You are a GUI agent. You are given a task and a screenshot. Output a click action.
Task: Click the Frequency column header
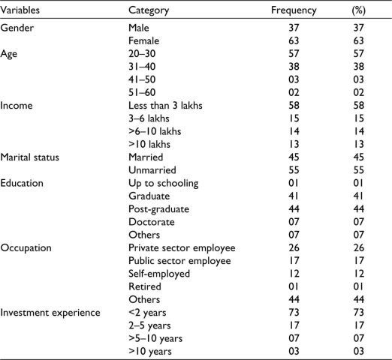tap(294, 10)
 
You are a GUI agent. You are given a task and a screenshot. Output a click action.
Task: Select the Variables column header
tap(20, 10)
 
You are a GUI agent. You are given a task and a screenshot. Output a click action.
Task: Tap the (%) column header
tap(358, 10)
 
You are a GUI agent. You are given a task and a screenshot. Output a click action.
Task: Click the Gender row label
tap(17, 28)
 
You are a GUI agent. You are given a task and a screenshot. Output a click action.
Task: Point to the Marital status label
tap(30, 157)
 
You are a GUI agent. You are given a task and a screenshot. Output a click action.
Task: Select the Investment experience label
tap(50, 313)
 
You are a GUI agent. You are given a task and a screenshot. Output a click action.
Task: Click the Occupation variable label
tap(26, 248)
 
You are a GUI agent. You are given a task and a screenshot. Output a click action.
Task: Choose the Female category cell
tap(143, 40)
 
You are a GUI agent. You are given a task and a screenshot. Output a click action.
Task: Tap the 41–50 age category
tap(142, 79)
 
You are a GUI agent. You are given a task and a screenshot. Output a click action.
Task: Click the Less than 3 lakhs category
tap(165, 106)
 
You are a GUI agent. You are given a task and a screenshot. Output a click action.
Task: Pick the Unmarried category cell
tap(152, 170)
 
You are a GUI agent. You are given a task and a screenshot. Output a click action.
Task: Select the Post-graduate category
tap(158, 209)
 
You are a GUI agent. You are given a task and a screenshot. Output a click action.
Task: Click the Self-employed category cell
tap(159, 274)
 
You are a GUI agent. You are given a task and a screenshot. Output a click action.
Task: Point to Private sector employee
tap(182, 248)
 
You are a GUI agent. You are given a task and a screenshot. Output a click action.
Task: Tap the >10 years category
tap(150, 352)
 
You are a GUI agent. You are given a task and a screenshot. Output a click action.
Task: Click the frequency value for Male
tap(294, 28)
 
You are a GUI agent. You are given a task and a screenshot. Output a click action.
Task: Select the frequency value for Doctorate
tap(294, 222)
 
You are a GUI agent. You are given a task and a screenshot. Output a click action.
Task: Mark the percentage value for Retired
tap(358, 286)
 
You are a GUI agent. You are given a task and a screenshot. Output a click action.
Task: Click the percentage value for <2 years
tap(358, 313)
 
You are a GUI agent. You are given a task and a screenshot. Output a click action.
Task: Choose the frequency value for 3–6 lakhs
tap(294, 118)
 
